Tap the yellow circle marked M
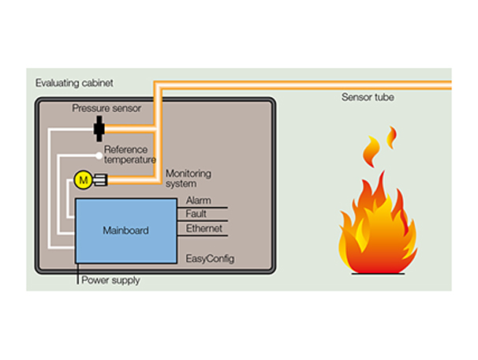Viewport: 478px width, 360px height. click(x=83, y=180)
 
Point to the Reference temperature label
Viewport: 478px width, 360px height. click(x=130, y=155)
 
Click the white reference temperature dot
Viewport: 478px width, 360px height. click(x=98, y=155)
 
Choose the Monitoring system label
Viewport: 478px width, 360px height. click(x=188, y=178)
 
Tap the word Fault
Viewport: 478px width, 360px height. click(x=196, y=214)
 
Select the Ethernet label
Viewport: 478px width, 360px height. click(x=204, y=229)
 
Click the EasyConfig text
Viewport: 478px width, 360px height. click(x=209, y=258)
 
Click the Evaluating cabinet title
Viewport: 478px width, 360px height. click(x=75, y=83)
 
